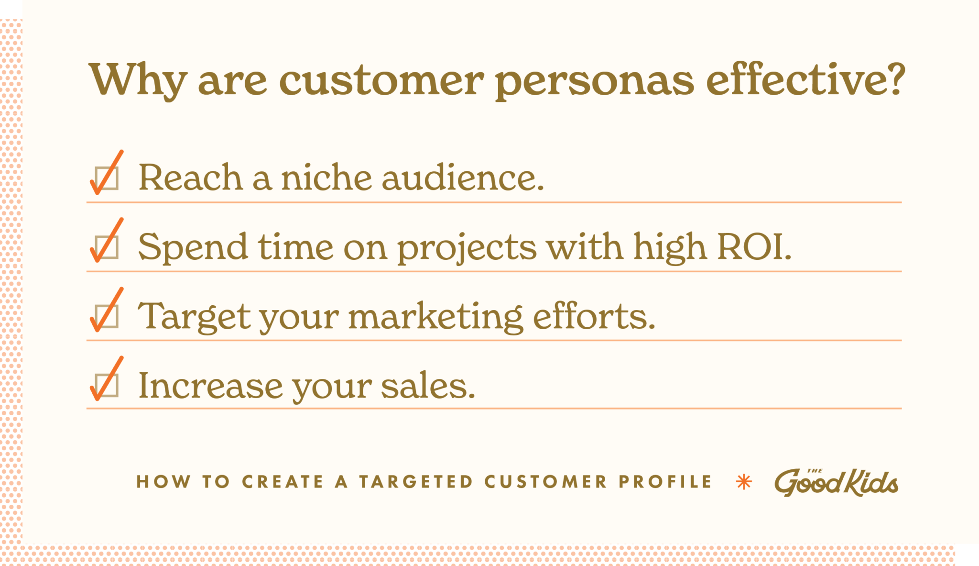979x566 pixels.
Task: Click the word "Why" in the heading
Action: (x=138, y=80)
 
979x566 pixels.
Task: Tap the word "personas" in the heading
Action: (x=594, y=80)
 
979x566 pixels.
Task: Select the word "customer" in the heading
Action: (x=381, y=80)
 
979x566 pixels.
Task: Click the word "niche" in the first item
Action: (x=326, y=178)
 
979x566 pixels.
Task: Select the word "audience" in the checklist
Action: (x=462, y=178)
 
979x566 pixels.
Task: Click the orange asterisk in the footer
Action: (x=744, y=482)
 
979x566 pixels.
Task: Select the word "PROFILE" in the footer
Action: (x=665, y=482)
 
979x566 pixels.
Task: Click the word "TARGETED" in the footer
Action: (x=416, y=482)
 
